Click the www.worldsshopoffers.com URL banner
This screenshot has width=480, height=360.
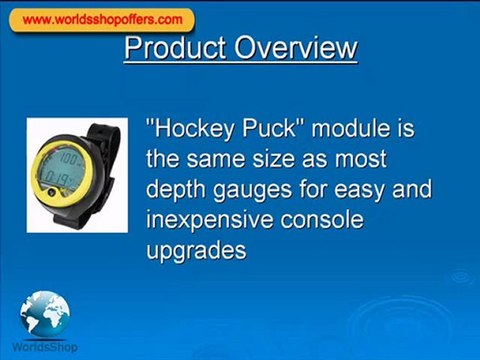(102, 20)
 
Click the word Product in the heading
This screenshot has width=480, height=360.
(175, 48)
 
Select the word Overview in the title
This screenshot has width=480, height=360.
(296, 48)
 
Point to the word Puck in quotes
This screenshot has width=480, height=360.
(269, 128)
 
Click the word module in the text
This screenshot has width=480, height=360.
(350, 128)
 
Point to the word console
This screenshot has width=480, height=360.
(322, 220)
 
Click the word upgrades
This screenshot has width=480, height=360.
(196, 251)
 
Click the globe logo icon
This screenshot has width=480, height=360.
(45, 313)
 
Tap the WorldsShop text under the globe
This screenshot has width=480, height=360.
(45, 347)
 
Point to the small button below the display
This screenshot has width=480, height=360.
(51, 192)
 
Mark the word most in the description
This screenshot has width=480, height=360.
(361, 159)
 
